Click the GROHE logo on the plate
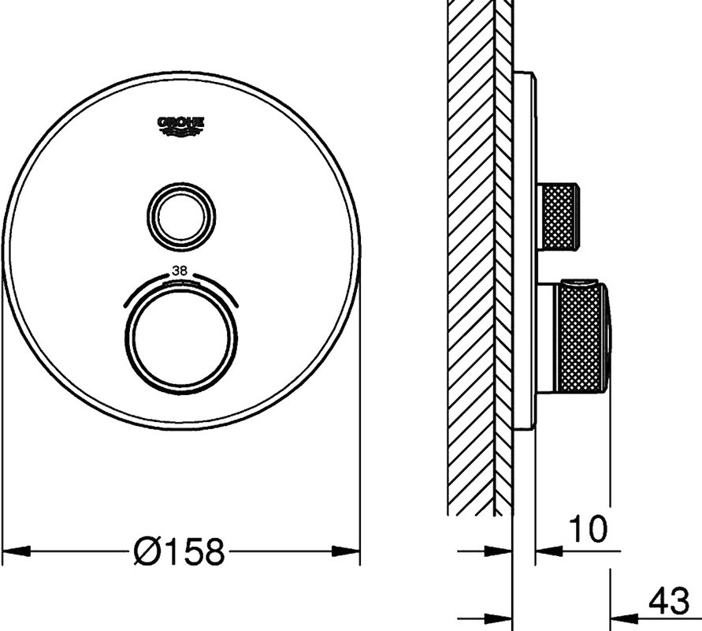click(x=181, y=126)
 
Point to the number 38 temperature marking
click(x=181, y=271)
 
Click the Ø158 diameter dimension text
click(x=179, y=551)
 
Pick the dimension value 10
click(x=589, y=528)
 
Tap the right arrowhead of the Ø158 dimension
click(x=346, y=551)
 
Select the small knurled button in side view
click(x=558, y=216)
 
